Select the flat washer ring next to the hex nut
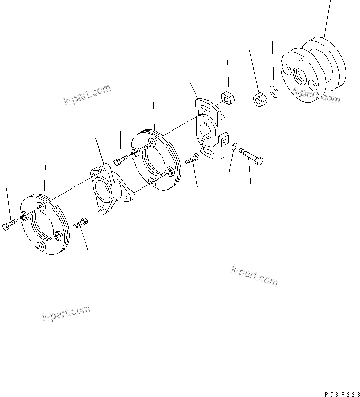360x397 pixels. (x=274, y=92)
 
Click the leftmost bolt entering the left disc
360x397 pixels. (x=9, y=224)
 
